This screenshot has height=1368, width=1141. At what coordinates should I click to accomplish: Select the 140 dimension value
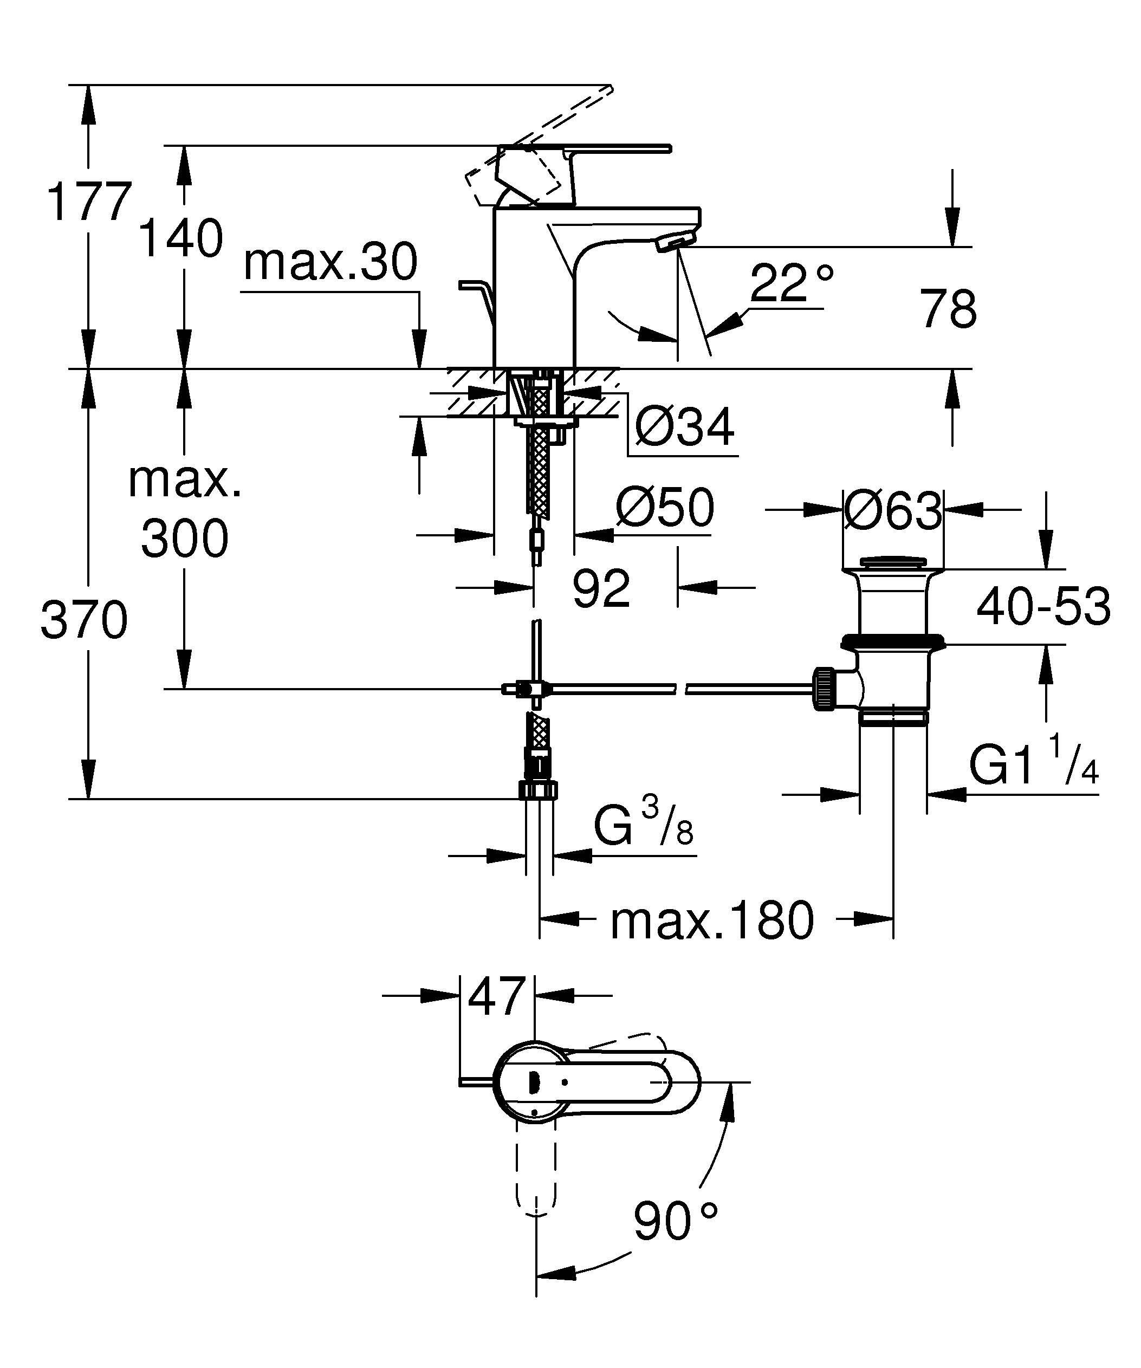[181, 239]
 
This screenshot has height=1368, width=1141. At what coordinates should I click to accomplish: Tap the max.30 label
[330, 263]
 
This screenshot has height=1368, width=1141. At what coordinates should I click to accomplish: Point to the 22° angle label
[791, 283]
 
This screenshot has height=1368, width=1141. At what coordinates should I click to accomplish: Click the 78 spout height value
[948, 309]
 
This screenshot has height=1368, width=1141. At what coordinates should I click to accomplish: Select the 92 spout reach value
[601, 588]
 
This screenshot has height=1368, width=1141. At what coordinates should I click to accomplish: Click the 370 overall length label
[84, 621]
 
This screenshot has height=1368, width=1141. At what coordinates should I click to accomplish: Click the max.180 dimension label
[712, 920]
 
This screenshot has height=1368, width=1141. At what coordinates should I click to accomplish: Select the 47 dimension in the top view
[497, 996]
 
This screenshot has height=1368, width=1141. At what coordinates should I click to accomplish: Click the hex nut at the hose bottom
[539, 790]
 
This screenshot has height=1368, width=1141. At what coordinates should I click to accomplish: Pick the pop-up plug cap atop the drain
[893, 561]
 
